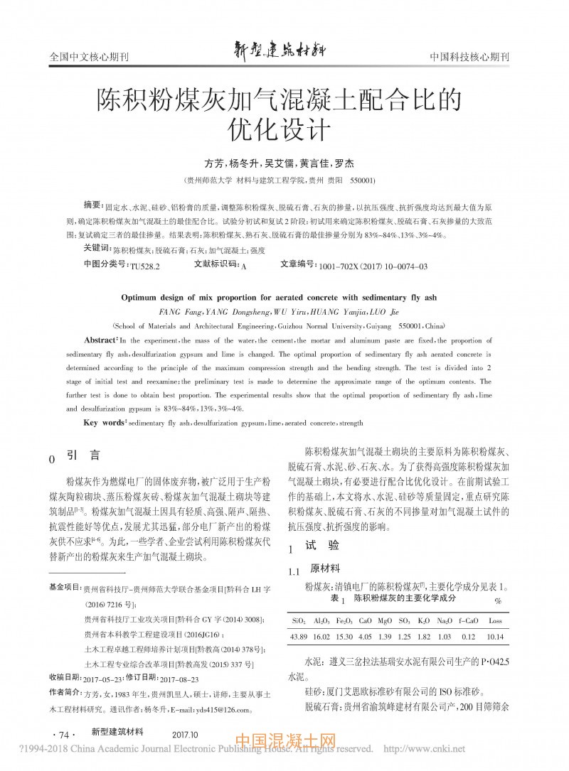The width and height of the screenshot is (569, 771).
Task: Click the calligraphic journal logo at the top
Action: tap(284, 50)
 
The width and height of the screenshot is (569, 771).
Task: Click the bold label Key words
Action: tap(105, 423)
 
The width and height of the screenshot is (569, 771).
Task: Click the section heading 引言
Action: tap(85, 455)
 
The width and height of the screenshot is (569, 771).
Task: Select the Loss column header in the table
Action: tap(495, 620)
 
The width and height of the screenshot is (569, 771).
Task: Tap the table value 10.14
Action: tap(495, 635)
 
